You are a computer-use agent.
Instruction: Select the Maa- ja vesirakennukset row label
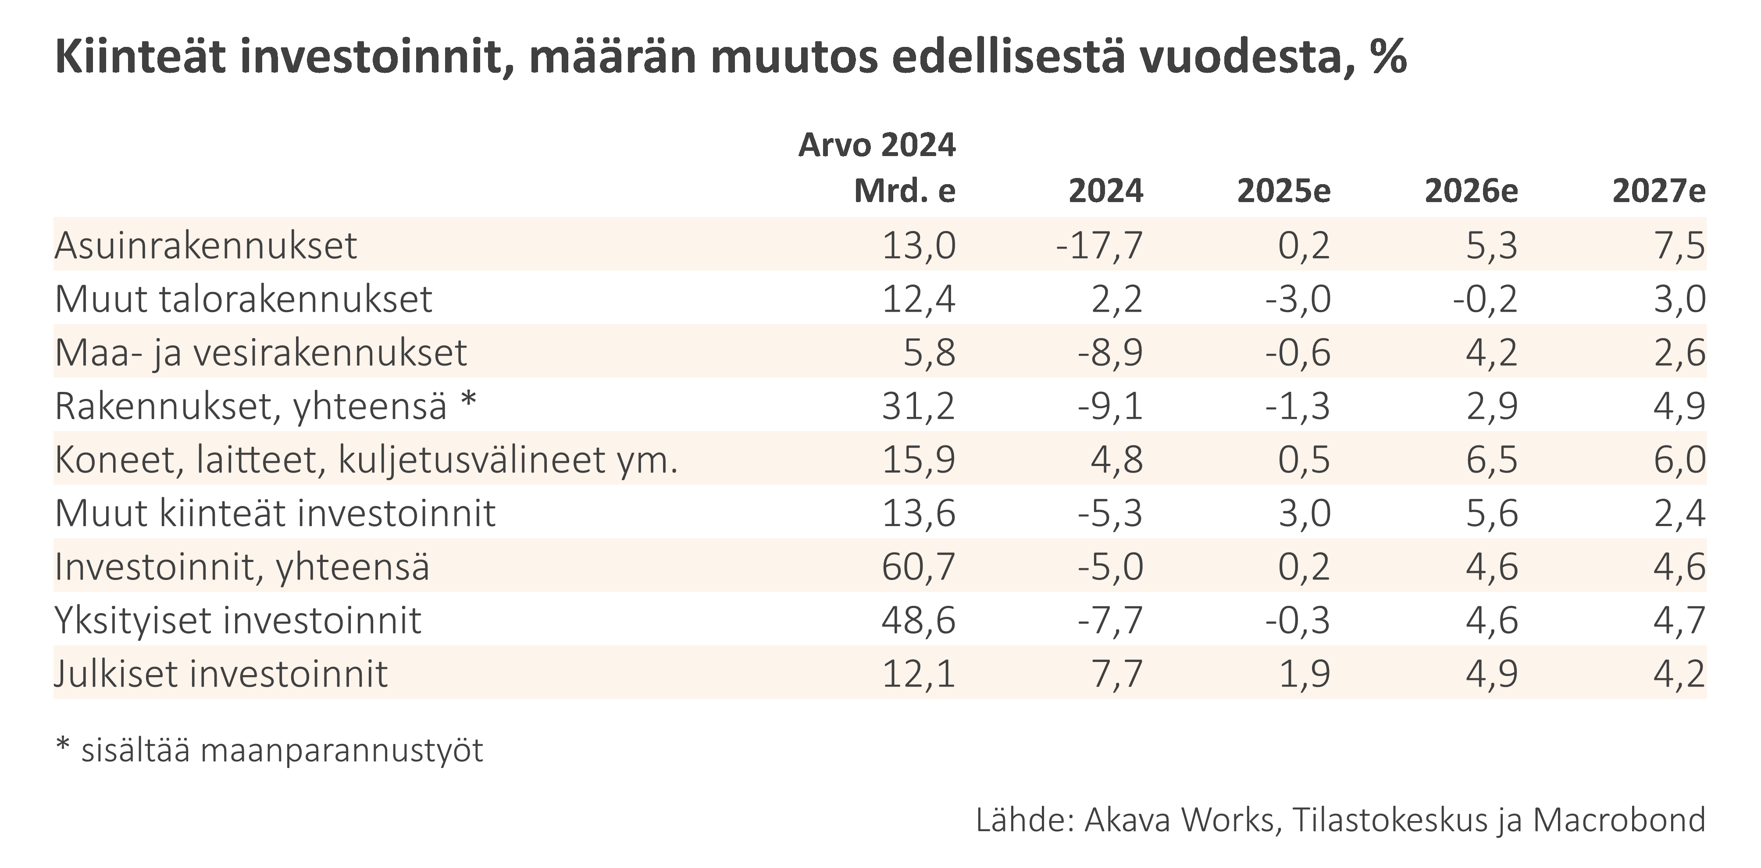click(260, 352)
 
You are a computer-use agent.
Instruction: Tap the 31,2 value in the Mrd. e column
click(918, 406)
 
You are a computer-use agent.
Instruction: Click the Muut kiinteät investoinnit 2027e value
click(1679, 513)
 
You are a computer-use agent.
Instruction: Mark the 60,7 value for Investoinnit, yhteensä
click(918, 566)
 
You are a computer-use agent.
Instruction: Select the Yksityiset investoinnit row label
click(237, 621)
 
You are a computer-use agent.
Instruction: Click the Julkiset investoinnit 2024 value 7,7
click(1116, 674)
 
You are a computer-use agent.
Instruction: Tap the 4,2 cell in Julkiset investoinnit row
click(1679, 674)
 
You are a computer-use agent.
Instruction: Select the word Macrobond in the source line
click(1619, 819)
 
